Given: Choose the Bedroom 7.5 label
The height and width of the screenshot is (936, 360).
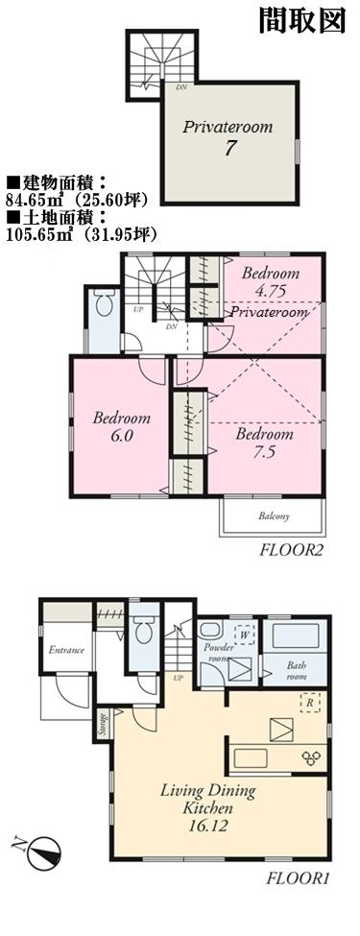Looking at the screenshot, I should click(265, 443).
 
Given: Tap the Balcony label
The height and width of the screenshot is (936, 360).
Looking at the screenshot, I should click(274, 517).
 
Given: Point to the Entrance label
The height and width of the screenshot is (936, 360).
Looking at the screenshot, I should click(66, 650).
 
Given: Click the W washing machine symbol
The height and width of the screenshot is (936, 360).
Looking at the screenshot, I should click(244, 635).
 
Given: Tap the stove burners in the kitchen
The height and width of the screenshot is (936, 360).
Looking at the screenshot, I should click(313, 756).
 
